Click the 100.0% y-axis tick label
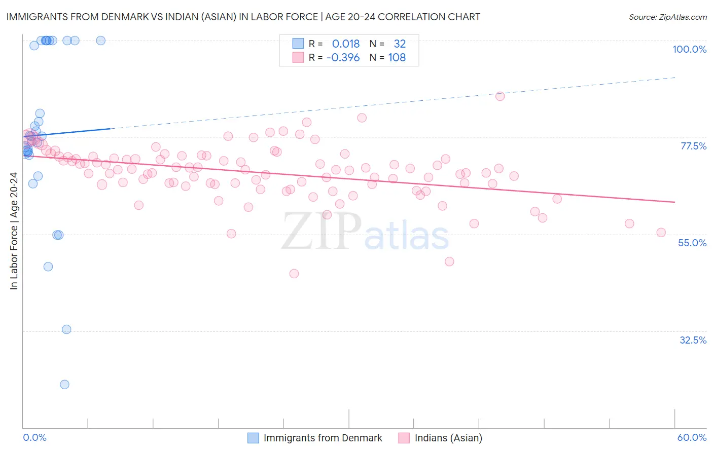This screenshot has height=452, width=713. click(x=689, y=49)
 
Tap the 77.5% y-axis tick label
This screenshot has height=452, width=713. click(x=693, y=146)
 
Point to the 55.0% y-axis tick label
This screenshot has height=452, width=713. click(x=692, y=243)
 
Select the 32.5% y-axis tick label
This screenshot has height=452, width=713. click(x=693, y=340)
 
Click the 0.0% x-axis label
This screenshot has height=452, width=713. click(x=34, y=437)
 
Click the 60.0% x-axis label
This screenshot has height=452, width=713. click(x=692, y=437)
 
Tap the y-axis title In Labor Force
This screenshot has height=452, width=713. click(x=14, y=231)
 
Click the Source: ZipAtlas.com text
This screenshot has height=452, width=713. click(x=667, y=17)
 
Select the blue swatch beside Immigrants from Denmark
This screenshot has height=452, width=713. click(x=253, y=438)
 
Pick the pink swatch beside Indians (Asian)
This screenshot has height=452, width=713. click(x=404, y=438)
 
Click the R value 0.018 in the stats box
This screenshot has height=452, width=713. click(x=346, y=44)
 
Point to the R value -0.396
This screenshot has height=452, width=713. click(x=343, y=58)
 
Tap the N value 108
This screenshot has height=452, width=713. click(x=397, y=58)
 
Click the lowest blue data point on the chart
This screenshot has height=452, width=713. click(x=64, y=384)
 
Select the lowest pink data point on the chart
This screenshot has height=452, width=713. click(x=294, y=274)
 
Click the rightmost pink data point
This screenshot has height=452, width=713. click(x=661, y=233)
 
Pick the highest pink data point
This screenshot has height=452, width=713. click(x=500, y=96)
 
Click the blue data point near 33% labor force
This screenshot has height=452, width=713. click(x=66, y=329)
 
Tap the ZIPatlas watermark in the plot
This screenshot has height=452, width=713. click(x=365, y=232)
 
